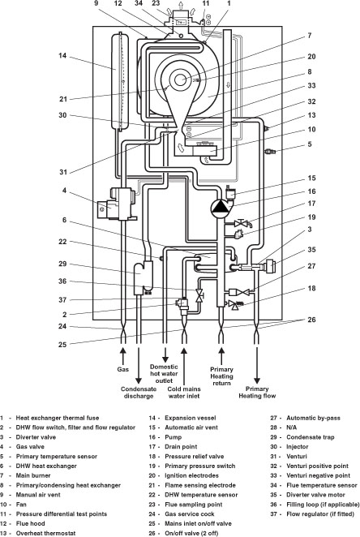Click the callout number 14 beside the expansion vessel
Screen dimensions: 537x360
62,55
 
